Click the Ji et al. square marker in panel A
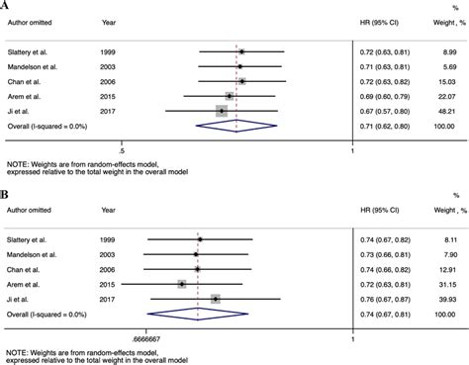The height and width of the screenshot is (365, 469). (222, 111)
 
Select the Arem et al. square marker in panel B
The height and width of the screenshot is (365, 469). (182, 284)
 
